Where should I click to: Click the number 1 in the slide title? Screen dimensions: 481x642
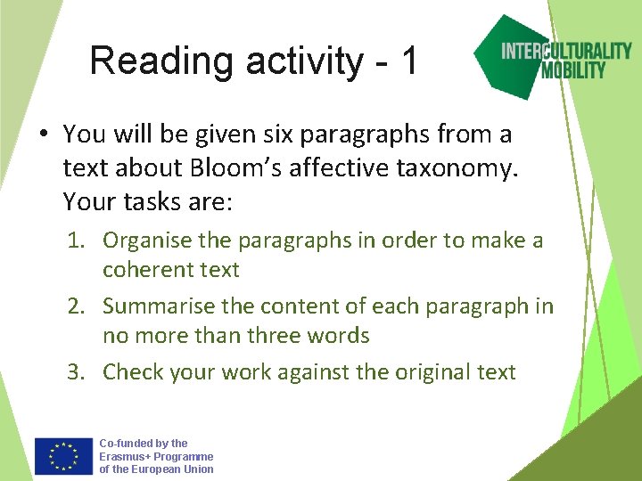click(x=408, y=61)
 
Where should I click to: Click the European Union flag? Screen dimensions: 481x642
click(x=63, y=456)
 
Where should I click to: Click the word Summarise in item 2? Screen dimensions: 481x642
click(x=152, y=306)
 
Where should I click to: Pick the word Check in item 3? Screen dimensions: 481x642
click(x=130, y=371)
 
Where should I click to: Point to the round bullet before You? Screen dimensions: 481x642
click(x=42, y=135)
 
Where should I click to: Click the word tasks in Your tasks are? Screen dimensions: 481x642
click(x=152, y=201)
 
